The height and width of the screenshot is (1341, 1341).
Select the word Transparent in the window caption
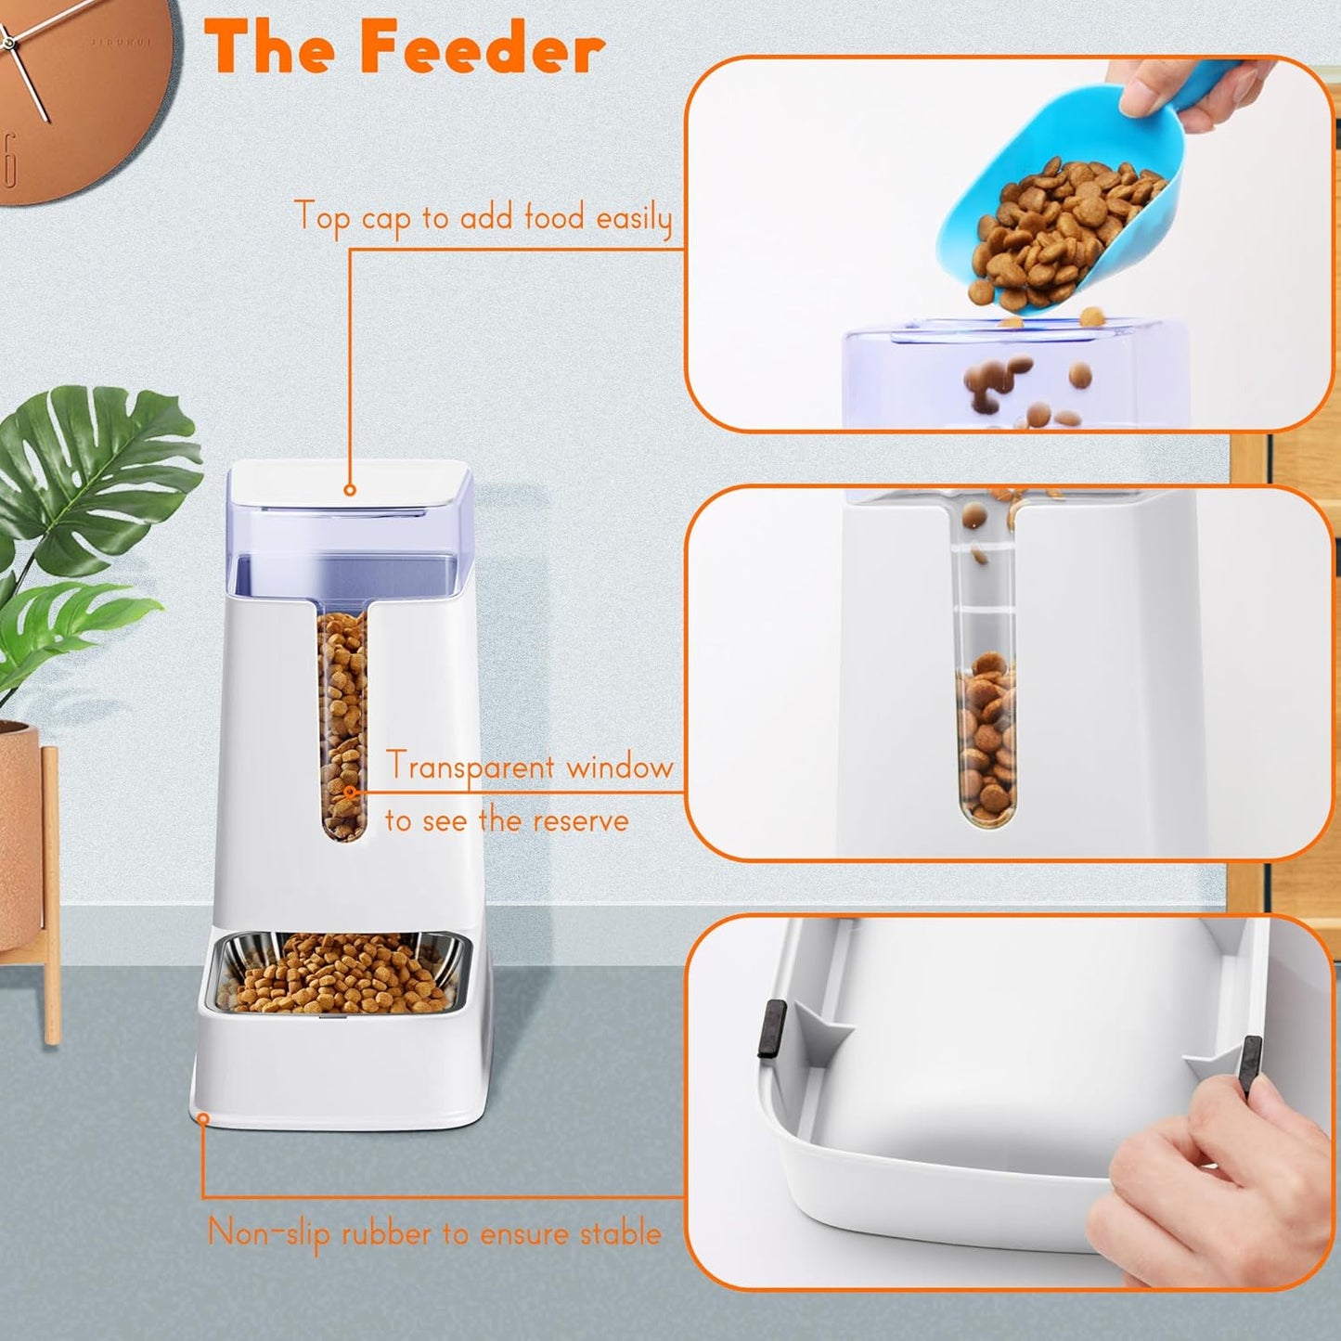(x=471, y=767)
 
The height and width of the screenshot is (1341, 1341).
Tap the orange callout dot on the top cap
(x=350, y=489)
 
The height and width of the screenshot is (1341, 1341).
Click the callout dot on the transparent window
(x=350, y=792)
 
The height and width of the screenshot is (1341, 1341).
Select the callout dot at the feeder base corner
(x=202, y=1118)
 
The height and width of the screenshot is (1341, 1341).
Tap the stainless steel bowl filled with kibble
(x=339, y=974)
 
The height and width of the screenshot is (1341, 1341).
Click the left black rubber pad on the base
(x=771, y=1028)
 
